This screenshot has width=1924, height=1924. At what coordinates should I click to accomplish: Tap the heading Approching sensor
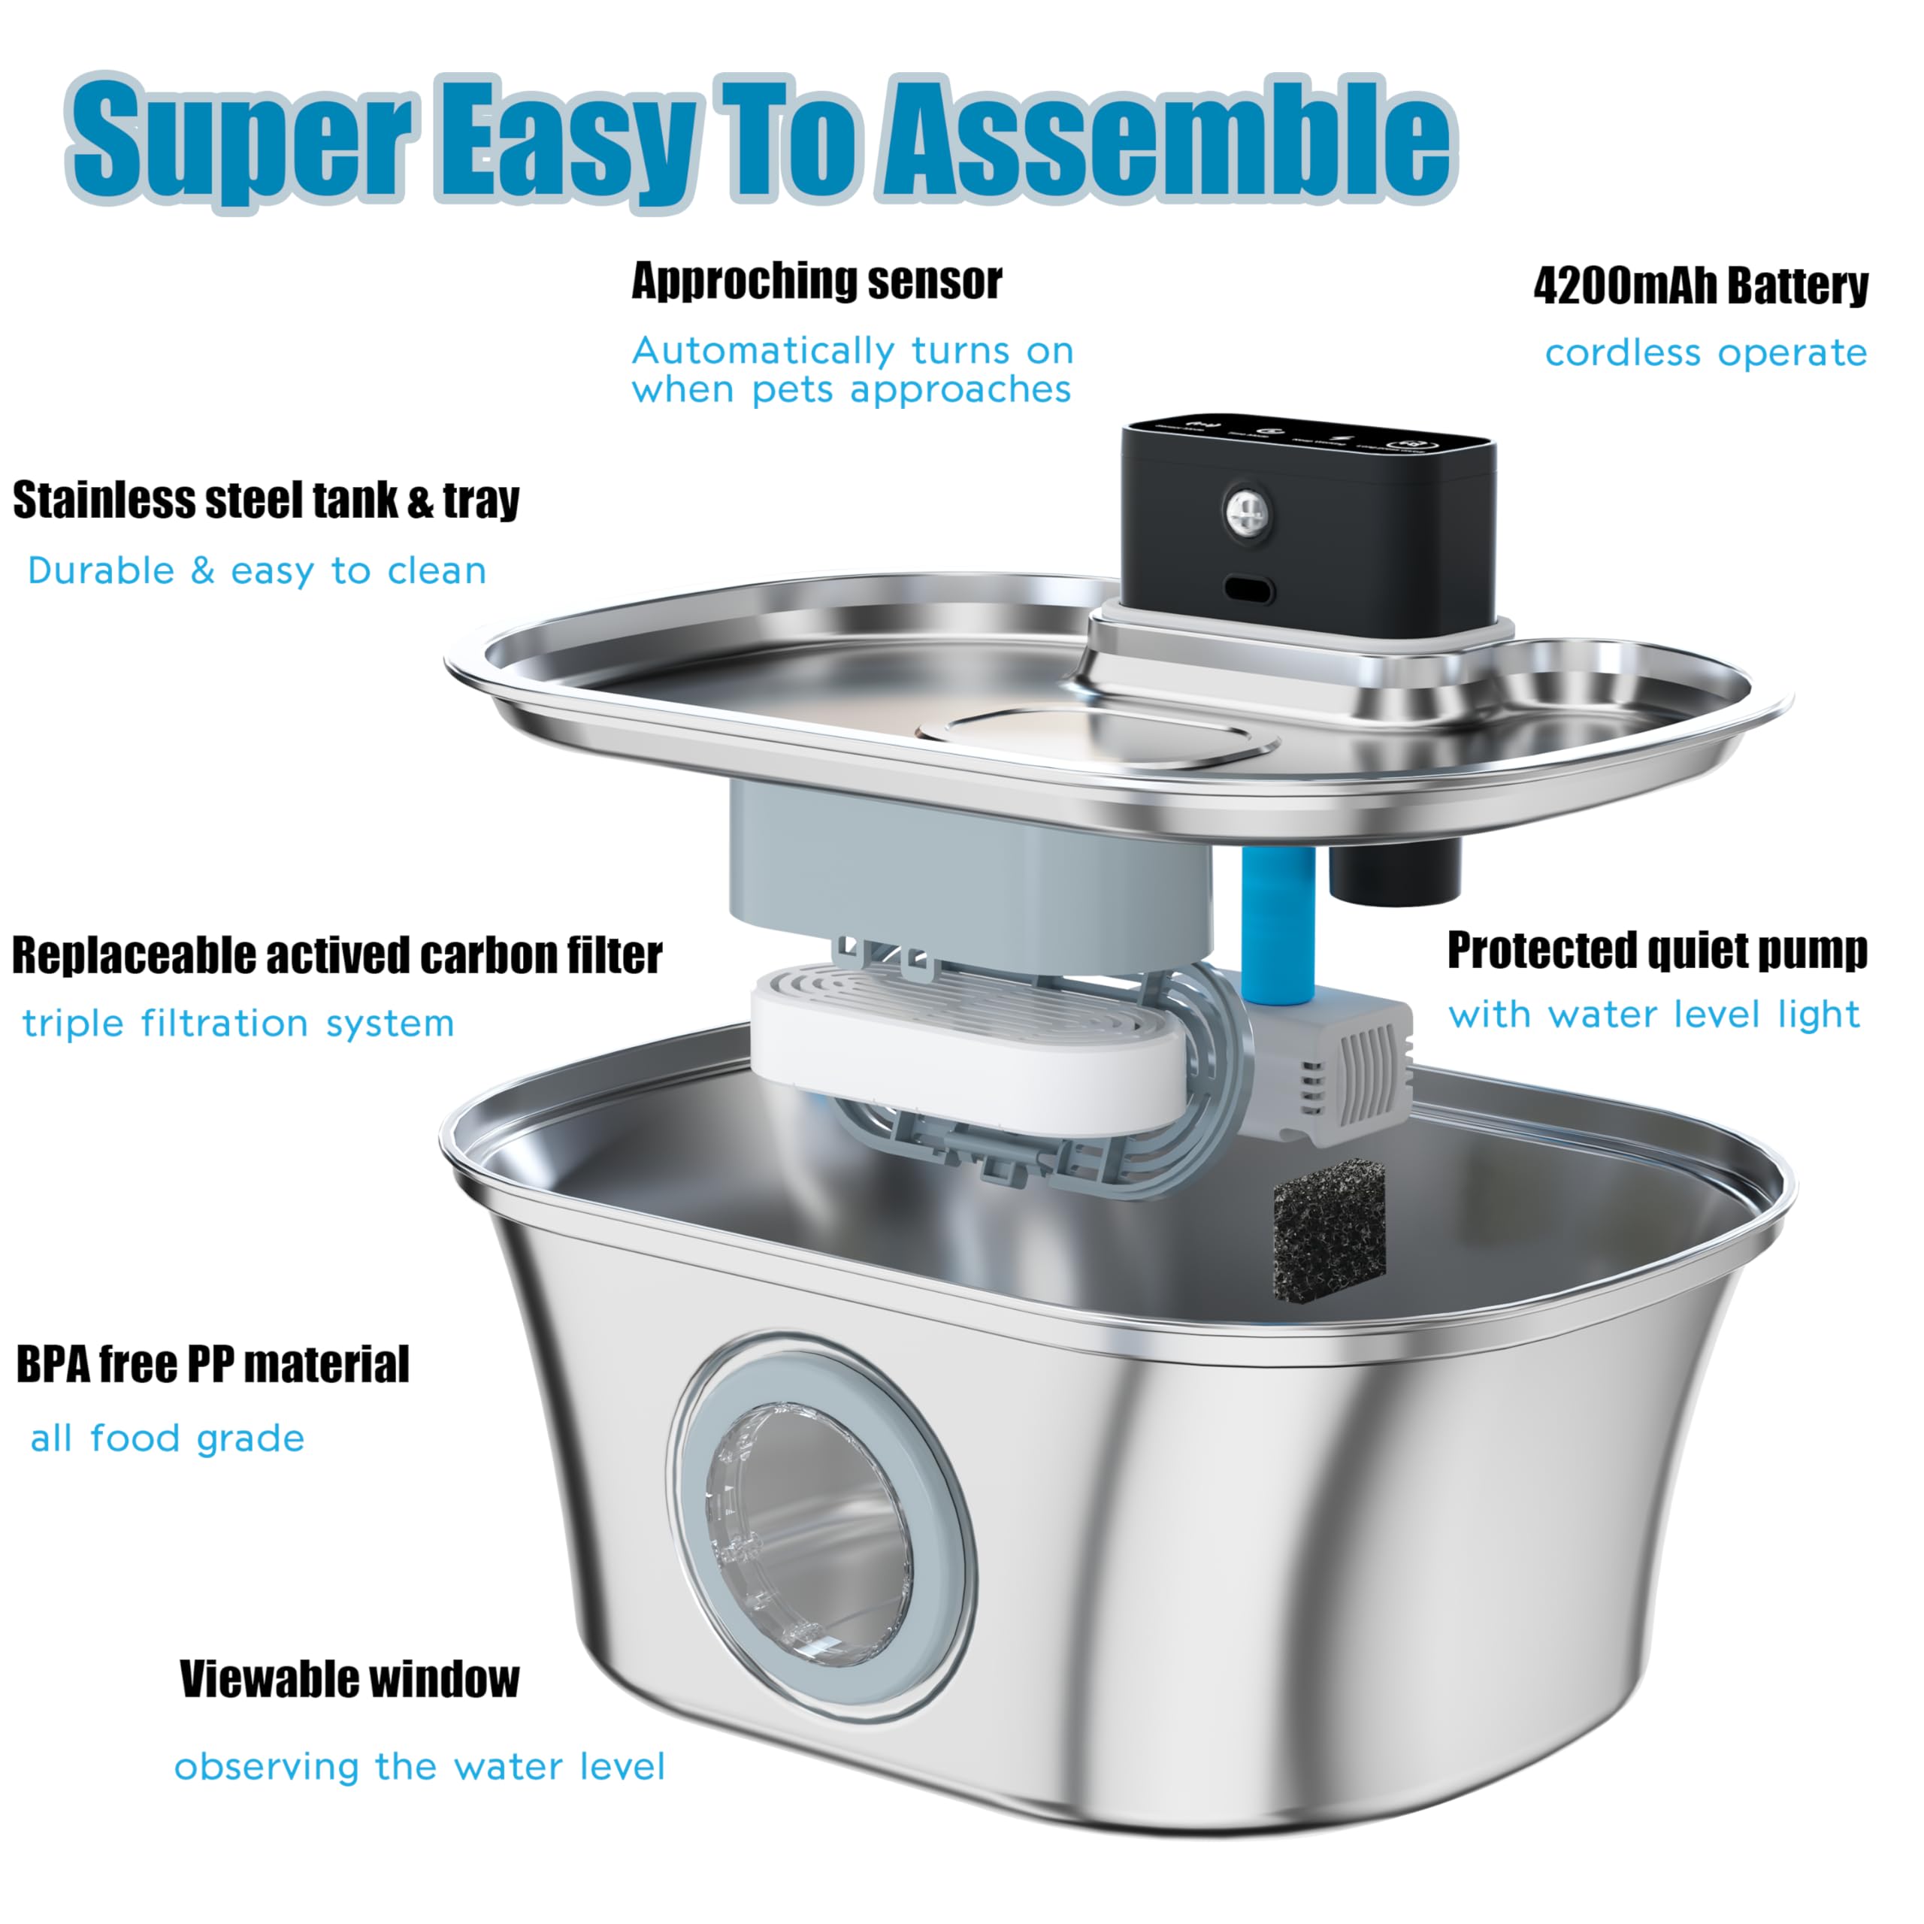click(x=817, y=281)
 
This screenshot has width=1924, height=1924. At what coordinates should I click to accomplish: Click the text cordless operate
click(x=1705, y=352)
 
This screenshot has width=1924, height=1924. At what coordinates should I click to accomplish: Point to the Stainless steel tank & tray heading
click(x=266, y=500)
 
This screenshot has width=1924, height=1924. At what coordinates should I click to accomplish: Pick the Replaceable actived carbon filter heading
click(x=337, y=955)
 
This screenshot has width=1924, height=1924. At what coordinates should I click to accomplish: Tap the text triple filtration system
click(x=238, y=1023)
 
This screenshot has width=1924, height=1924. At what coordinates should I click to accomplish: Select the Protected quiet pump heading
click(x=1657, y=950)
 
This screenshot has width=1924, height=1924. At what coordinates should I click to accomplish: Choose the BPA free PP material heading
click(x=212, y=1364)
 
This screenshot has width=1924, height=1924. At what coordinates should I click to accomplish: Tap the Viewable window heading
click(x=349, y=1679)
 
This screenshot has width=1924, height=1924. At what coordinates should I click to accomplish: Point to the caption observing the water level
click(x=419, y=1767)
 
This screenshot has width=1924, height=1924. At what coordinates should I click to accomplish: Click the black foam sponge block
click(x=1329, y=1229)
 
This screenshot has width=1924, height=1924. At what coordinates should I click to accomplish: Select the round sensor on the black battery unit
click(x=1247, y=512)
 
